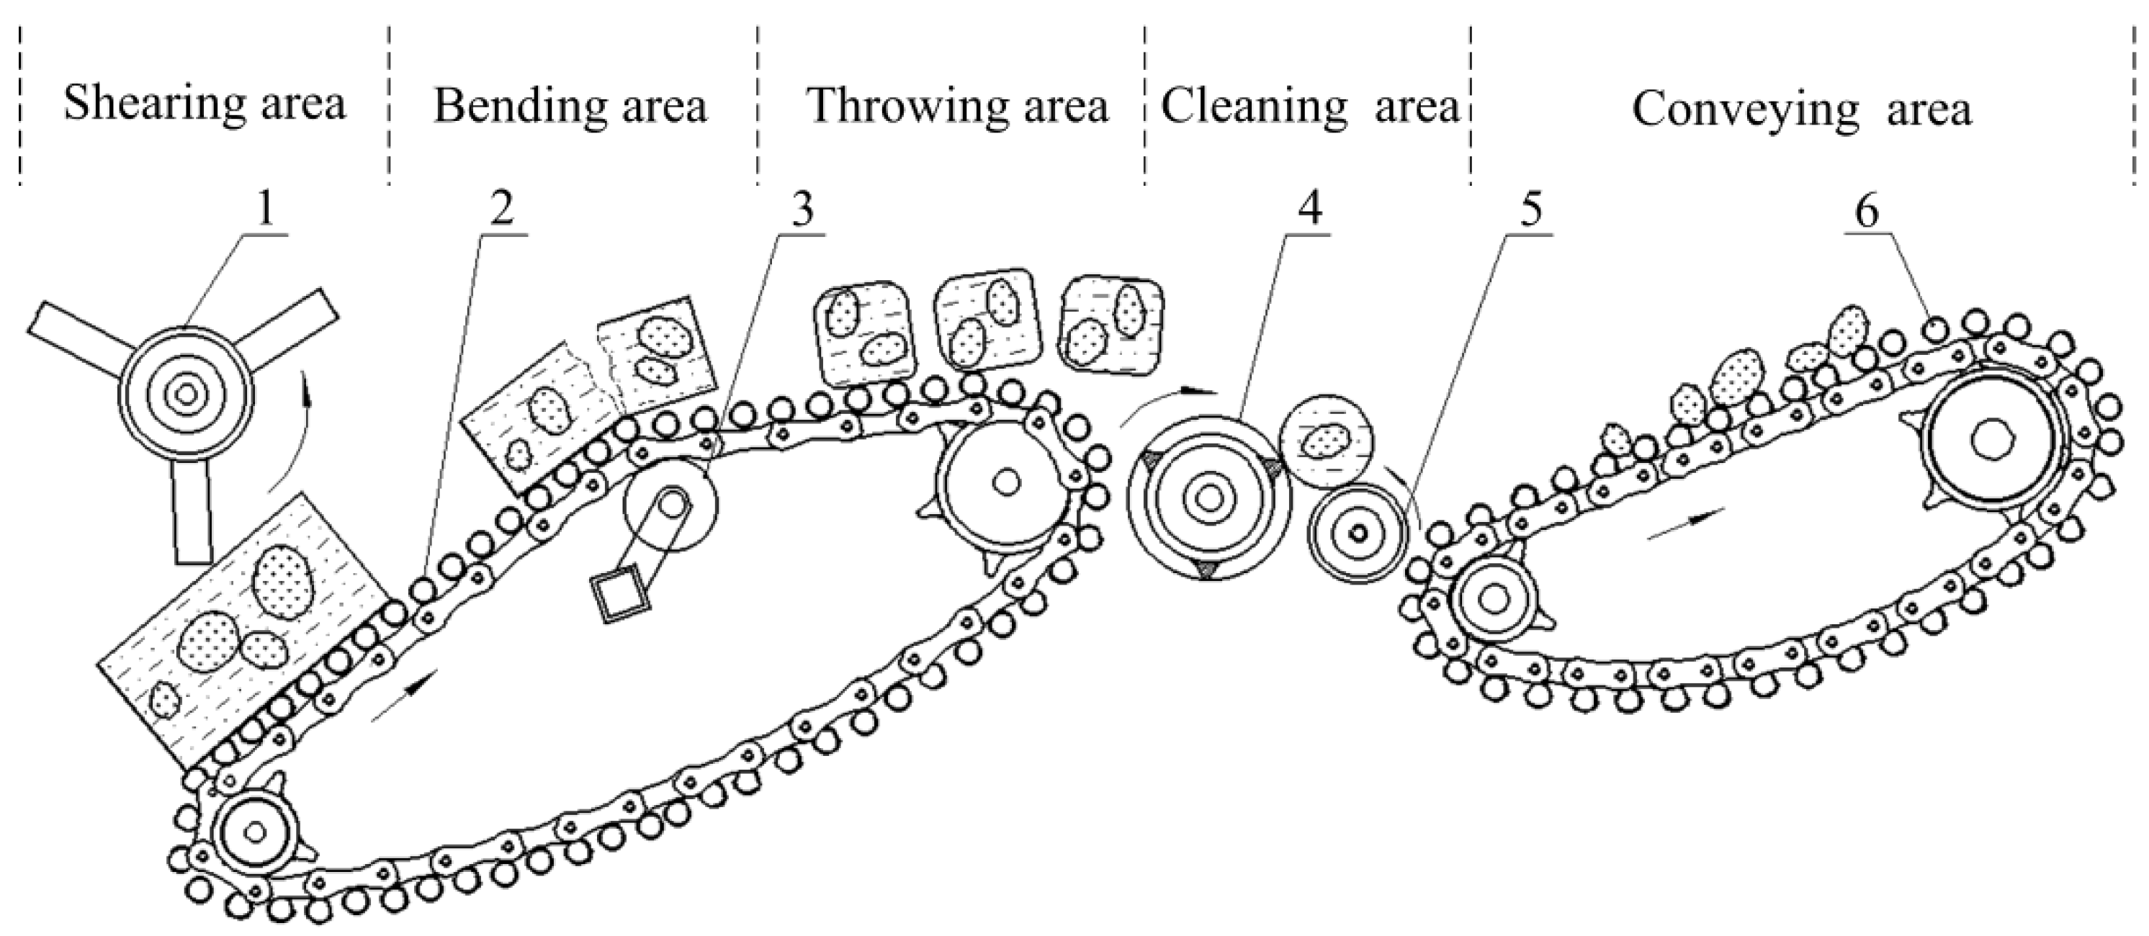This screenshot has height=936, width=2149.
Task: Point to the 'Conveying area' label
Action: coord(1802,109)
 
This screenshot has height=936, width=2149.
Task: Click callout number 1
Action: coord(264,211)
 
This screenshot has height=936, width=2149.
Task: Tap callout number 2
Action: coord(501,211)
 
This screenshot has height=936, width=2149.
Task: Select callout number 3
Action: coord(802,211)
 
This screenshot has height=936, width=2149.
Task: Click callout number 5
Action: coord(1531,211)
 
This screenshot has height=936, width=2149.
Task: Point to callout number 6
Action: coord(1866,211)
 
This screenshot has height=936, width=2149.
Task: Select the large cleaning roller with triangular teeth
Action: coord(1206,498)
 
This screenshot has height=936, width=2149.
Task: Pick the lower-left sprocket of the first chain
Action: coord(255,831)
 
